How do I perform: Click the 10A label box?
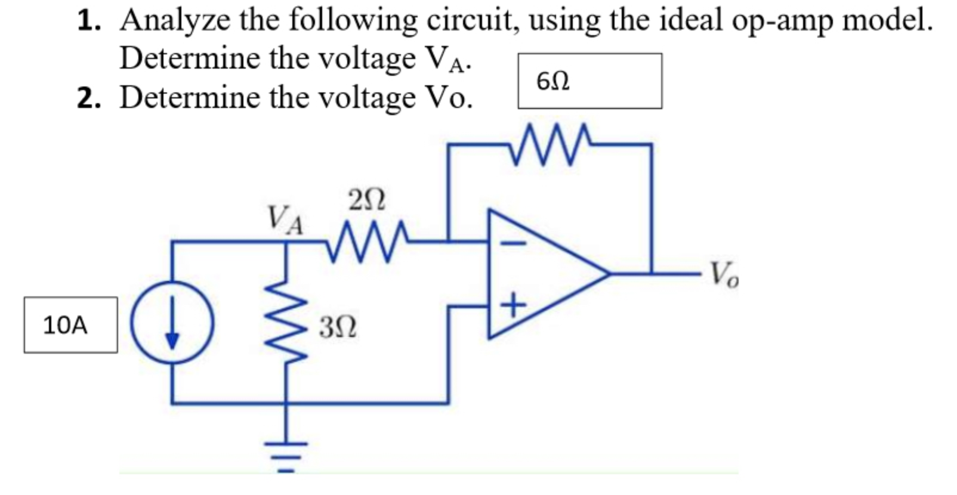point(70,325)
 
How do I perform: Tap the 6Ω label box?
point(589,81)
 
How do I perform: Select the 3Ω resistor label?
point(338,327)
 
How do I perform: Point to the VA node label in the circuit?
point(285,219)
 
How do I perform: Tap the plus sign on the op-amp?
point(513,307)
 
